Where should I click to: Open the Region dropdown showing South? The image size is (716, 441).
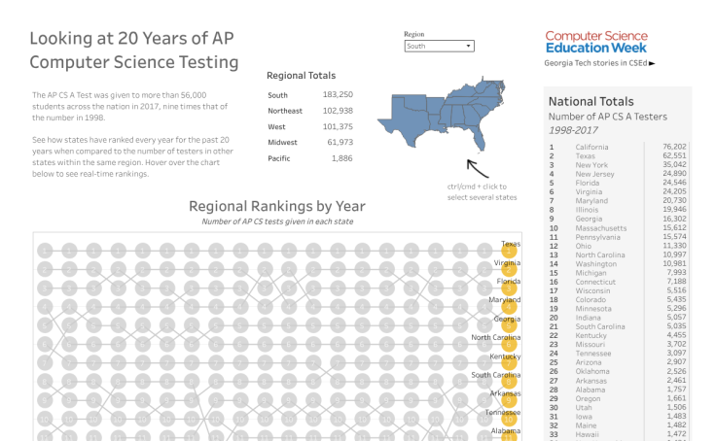439,46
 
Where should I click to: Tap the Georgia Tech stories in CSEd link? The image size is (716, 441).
599,63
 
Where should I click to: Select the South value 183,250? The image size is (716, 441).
338,95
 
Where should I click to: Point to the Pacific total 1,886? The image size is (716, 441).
341,158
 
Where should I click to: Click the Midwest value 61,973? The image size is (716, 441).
340,142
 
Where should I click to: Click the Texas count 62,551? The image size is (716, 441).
673,155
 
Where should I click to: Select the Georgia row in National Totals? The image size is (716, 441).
591,219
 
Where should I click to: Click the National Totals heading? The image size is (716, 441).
591,101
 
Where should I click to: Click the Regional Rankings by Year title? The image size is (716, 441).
276,206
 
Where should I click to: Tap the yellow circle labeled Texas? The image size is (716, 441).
508,252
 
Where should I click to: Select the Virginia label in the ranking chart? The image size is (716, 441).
506,262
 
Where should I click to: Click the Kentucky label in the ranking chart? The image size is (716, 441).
505,356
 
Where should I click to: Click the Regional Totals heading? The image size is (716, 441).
301,75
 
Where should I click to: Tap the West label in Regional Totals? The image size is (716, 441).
277,126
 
